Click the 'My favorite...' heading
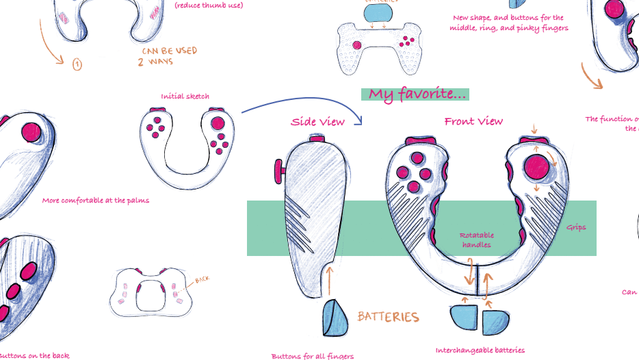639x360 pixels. (415, 94)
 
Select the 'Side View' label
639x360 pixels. (317, 122)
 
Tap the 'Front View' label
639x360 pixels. (473, 121)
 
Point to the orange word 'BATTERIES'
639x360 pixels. (388, 317)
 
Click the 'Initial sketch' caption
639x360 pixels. (185, 97)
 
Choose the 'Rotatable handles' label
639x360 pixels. (477, 240)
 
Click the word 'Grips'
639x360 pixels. (576, 227)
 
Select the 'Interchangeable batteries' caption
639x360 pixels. (480, 350)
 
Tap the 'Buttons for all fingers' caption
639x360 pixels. (313, 356)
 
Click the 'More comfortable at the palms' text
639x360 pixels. (96, 201)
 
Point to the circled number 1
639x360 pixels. (77, 64)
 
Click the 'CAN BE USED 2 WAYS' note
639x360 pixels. (168, 56)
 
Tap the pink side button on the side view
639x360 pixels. (278, 171)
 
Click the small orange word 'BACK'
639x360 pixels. (202, 280)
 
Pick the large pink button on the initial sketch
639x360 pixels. (217, 125)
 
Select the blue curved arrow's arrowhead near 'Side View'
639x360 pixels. (358, 120)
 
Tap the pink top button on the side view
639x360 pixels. (317, 139)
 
